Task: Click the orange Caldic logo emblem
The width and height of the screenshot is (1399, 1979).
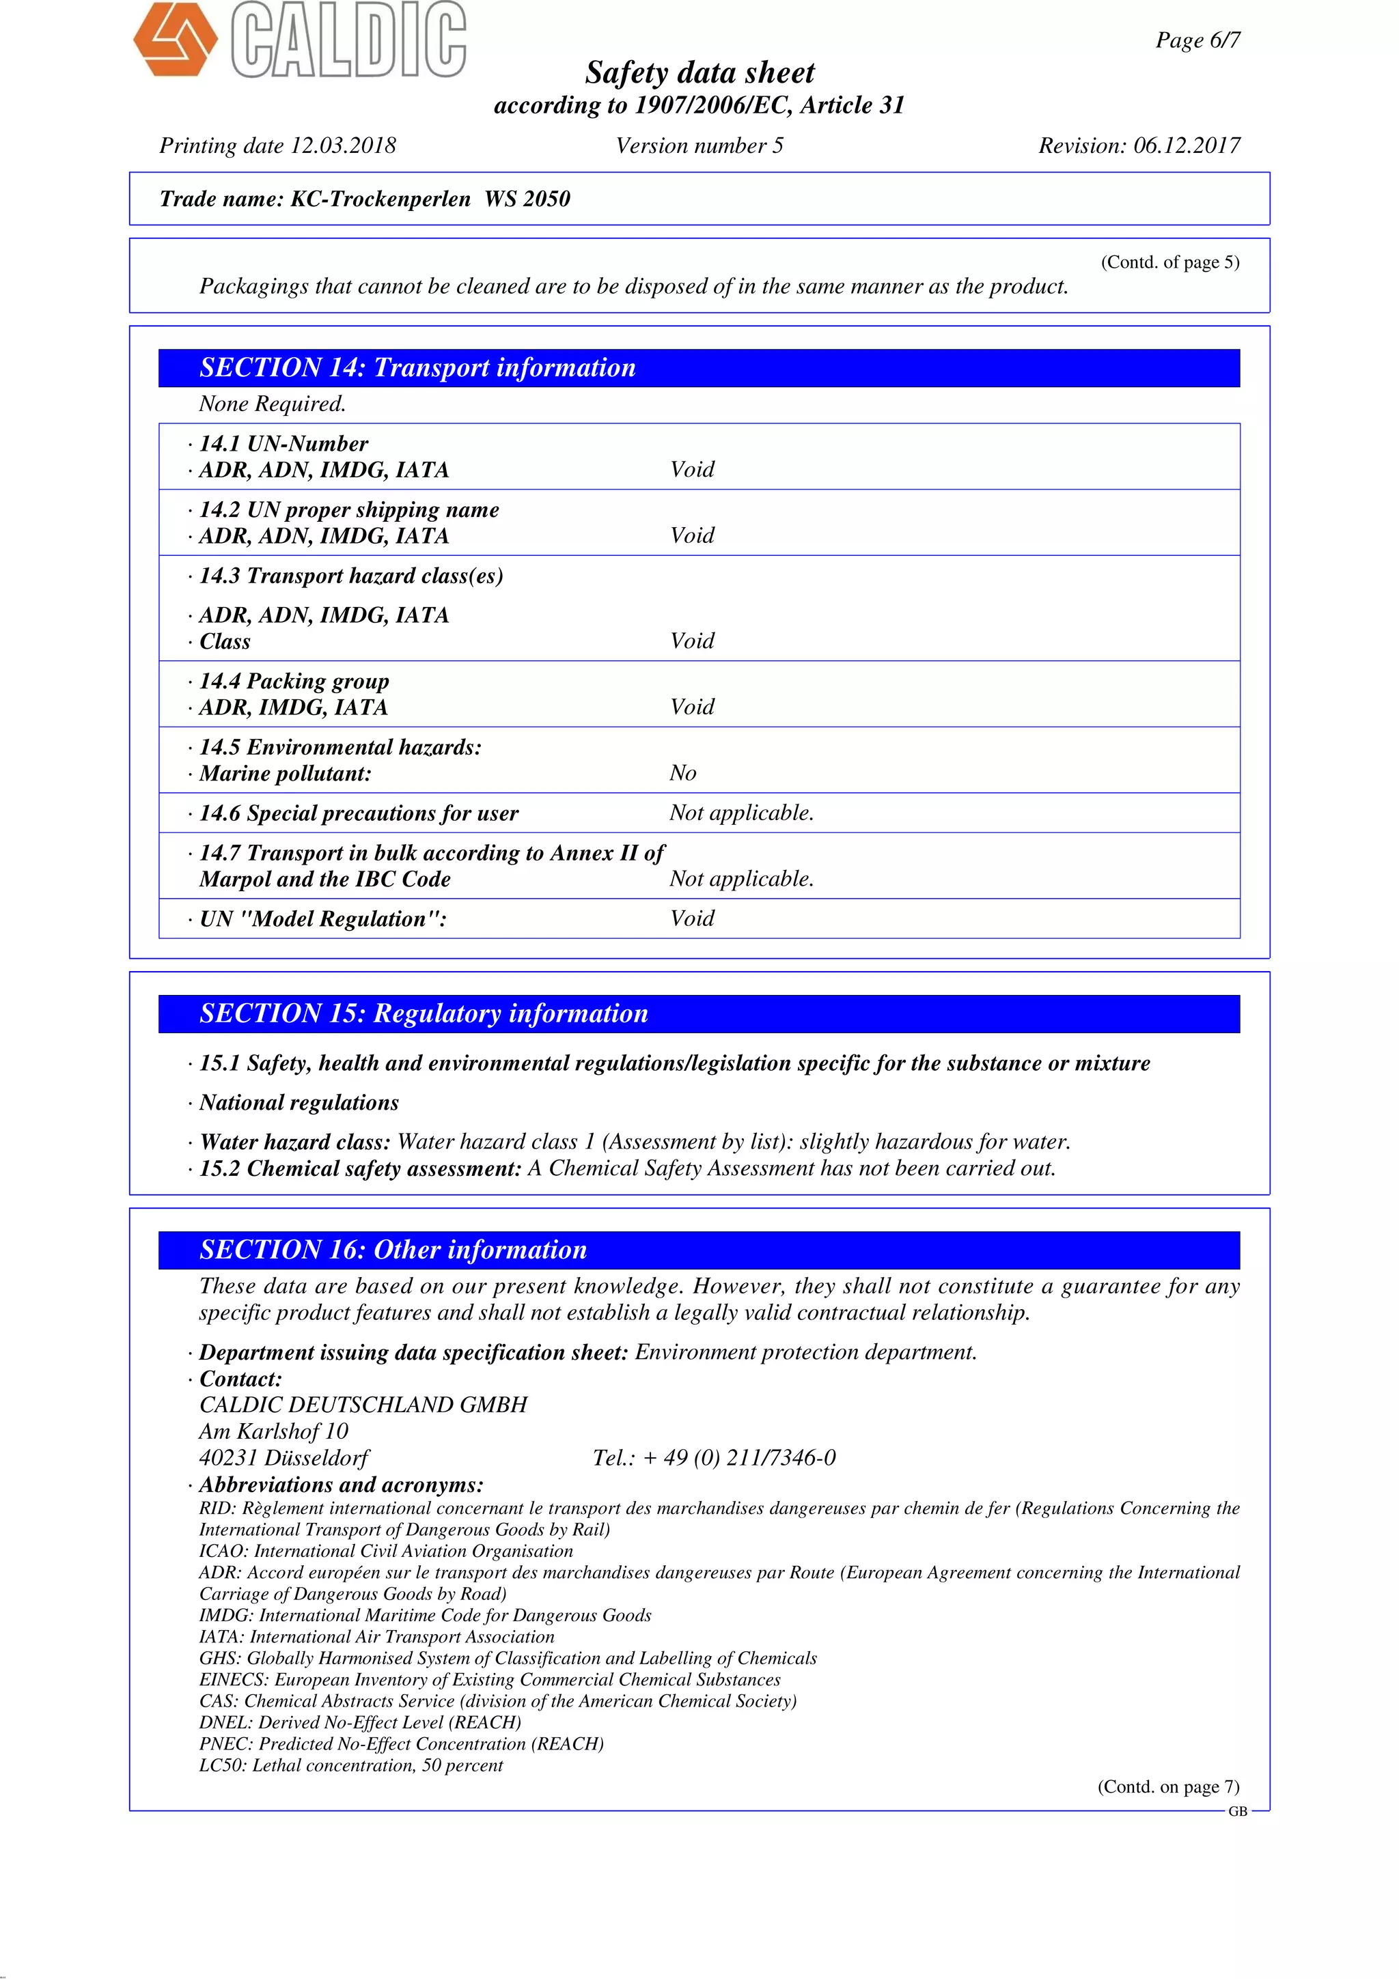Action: [x=175, y=39]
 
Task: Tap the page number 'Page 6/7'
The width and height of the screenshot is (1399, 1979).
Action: [x=1197, y=40]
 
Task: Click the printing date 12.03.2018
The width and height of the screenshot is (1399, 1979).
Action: [x=343, y=145]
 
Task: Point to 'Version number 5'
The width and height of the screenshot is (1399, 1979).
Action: [x=699, y=145]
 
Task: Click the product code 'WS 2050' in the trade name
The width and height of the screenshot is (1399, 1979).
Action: [x=527, y=199]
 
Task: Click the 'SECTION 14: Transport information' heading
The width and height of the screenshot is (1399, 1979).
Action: [x=417, y=368]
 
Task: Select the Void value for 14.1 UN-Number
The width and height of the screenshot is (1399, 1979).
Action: [x=692, y=470]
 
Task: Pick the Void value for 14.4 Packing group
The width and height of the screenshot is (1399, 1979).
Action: [x=692, y=707]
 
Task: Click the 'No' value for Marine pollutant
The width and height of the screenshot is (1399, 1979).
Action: [x=682, y=773]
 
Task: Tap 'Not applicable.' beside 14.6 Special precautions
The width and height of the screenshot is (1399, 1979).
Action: [x=741, y=813]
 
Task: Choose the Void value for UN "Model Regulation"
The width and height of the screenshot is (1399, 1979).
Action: [x=692, y=919]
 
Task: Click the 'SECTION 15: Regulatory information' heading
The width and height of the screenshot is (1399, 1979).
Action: [x=424, y=1013]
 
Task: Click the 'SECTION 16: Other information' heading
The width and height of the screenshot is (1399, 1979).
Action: [x=393, y=1250]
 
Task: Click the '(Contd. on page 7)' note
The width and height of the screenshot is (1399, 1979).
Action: [x=1168, y=1787]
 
